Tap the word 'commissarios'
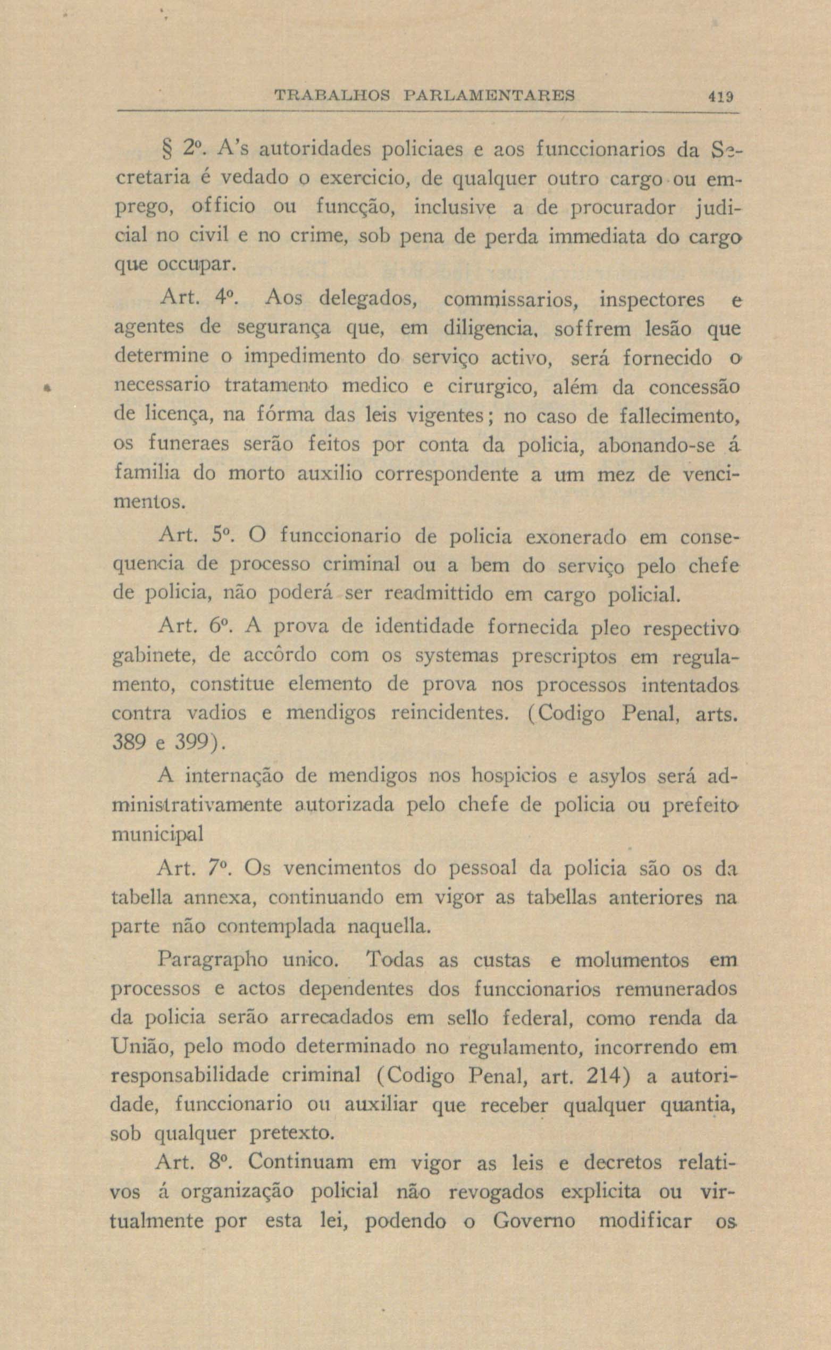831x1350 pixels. click(x=509, y=300)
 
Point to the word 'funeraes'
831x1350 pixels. click(x=191, y=445)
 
